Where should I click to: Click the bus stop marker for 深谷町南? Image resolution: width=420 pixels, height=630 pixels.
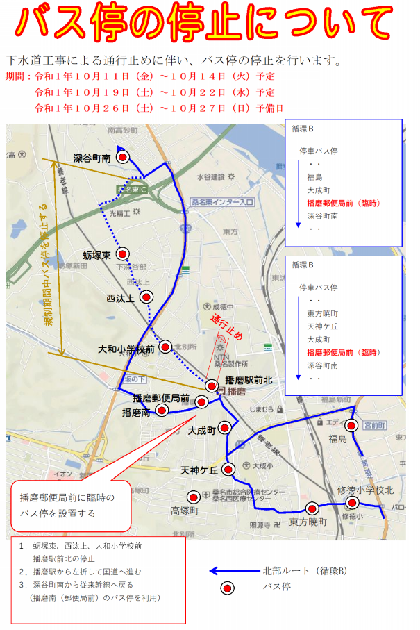coord(123,158)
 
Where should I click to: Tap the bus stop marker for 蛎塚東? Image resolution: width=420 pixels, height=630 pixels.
coord(123,254)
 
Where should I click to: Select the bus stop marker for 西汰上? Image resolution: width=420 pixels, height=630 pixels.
coord(146,297)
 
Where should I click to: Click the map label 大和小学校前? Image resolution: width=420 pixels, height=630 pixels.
coord(126,349)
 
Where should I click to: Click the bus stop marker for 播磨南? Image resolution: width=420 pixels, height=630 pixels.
coord(162,411)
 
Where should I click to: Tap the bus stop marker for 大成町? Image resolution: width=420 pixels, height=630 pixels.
coord(224,427)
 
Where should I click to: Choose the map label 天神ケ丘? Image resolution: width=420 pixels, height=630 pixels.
coord(199,470)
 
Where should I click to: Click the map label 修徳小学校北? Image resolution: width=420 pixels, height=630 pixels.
coord(365,490)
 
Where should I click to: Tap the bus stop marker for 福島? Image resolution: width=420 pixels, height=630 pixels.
coord(352,426)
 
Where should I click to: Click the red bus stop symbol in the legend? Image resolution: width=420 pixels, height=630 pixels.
coord(226,588)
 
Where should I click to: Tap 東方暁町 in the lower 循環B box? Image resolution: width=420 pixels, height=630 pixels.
coord(322,313)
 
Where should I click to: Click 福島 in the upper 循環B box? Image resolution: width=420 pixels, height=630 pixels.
coord(314,176)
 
